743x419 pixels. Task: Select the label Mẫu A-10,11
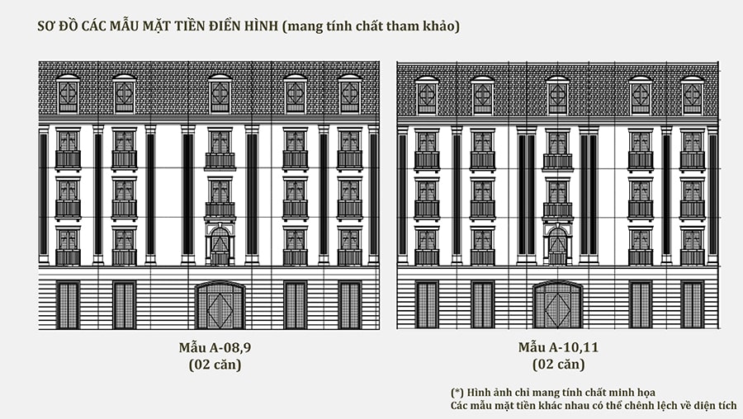(558, 347)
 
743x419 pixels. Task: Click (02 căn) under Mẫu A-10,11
(558, 365)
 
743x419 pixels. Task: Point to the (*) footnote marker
(457, 391)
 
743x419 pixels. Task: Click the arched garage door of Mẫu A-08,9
(220, 305)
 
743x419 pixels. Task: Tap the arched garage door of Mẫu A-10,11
(558, 305)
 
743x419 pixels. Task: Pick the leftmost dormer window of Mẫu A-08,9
(68, 94)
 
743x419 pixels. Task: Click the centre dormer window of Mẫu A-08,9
(220, 94)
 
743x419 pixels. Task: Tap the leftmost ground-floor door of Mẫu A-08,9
(68, 305)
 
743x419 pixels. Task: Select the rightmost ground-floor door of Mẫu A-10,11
(692, 305)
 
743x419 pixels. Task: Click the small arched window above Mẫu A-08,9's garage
(220, 245)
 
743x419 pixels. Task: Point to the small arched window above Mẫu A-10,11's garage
(558, 245)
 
